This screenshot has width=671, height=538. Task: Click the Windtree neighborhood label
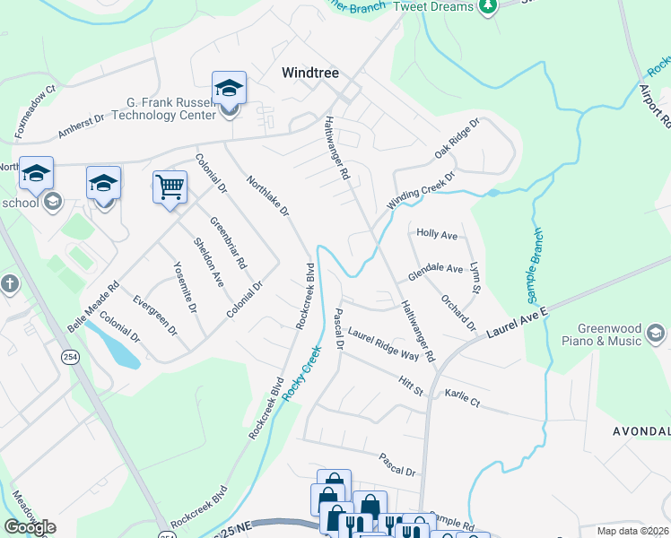pyautogui.click(x=310, y=73)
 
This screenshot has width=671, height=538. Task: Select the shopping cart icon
pyautogui.click(x=170, y=187)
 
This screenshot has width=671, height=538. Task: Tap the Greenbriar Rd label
pyautogui.click(x=229, y=243)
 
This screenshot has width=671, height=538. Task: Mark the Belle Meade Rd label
pyautogui.click(x=93, y=309)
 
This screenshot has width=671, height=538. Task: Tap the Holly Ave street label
pyautogui.click(x=438, y=234)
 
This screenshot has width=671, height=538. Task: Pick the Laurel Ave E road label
pyautogui.click(x=517, y=322)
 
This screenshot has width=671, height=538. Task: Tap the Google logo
pyautogui.click(x=30, y=527)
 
